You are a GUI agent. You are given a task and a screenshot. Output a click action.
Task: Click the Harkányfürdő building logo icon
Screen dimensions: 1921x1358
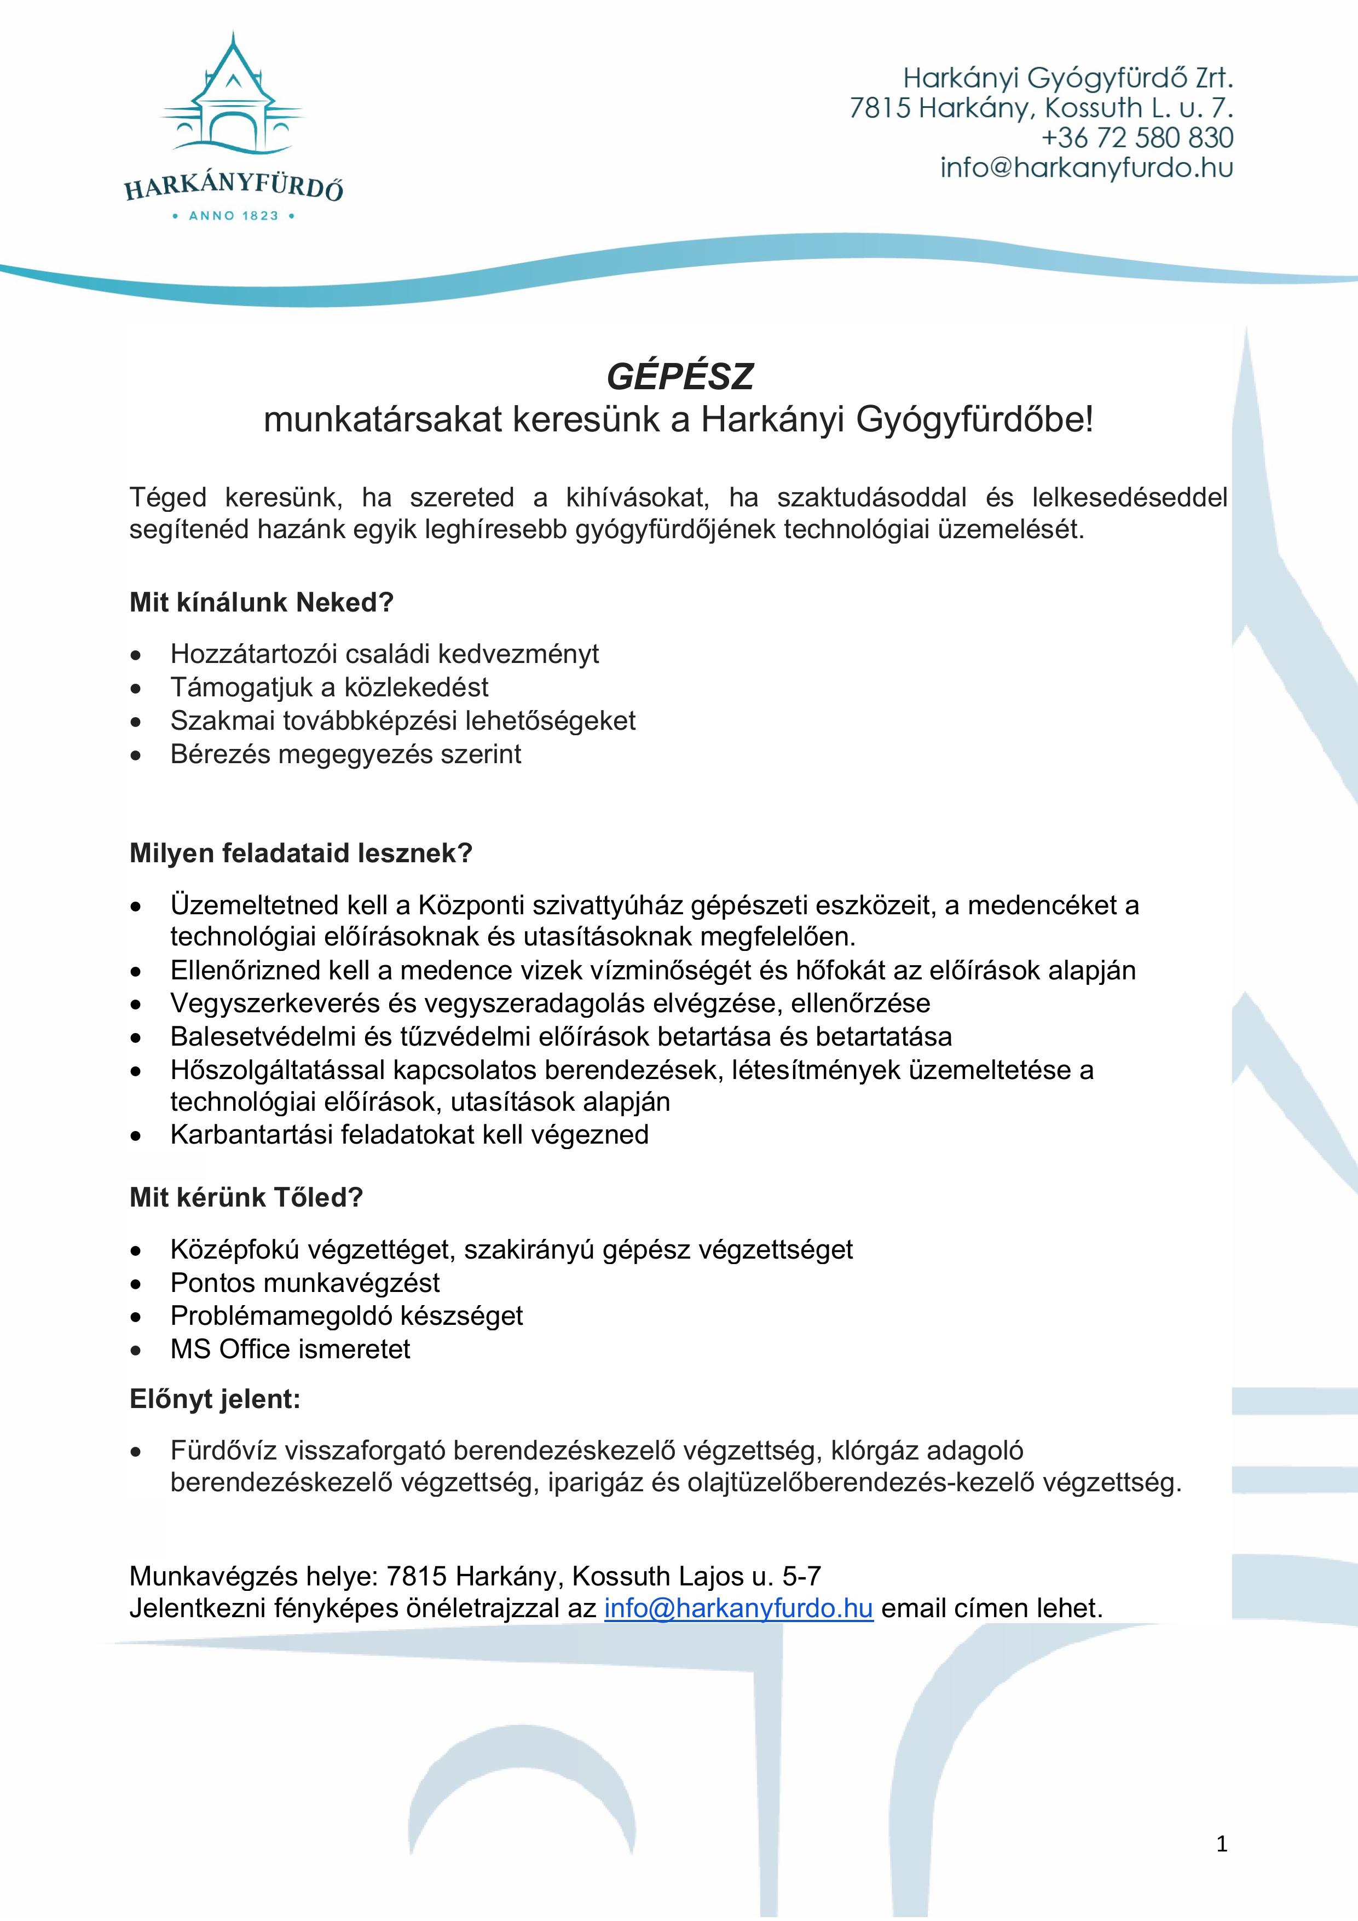point(233,96)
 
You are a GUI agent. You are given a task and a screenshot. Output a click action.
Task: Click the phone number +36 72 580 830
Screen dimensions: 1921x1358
point(1136,138)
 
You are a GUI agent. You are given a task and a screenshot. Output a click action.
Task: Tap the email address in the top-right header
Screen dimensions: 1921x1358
point(1086,168)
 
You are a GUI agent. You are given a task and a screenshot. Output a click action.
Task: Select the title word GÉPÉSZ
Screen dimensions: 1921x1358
point(679,377)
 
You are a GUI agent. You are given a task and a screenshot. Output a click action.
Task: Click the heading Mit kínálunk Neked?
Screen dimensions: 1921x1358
point(261,602)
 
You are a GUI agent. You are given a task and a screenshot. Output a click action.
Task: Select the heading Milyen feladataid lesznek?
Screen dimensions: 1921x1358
point(301,853)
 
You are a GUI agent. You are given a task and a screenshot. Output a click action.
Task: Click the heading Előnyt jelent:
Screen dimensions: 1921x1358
point(214,1399)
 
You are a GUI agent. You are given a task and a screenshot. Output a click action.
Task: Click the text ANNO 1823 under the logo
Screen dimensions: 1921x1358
point(233,216)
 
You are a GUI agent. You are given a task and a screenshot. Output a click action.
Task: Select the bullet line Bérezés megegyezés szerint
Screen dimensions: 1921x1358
point(345,754)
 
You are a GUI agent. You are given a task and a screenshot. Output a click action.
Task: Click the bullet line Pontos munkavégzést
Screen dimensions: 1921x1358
point(304,1283)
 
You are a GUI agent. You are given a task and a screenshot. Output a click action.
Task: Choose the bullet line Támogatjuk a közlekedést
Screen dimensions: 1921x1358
point(329,687)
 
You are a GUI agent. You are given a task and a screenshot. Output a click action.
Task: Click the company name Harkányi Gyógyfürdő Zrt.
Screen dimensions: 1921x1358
point(1068,79)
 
